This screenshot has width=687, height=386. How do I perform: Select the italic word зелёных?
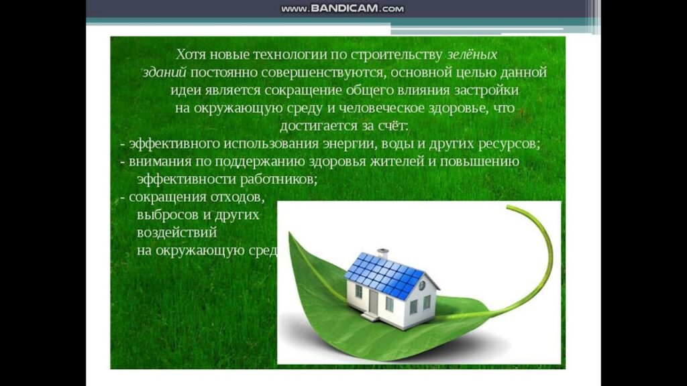coord(472,54)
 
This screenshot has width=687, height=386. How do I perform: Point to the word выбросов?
coord(164,216)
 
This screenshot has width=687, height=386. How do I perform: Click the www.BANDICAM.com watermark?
coord(343,9)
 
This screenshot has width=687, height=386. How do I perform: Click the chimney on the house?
coord(382,254)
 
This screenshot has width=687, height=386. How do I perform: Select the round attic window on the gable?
coord(421,285)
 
